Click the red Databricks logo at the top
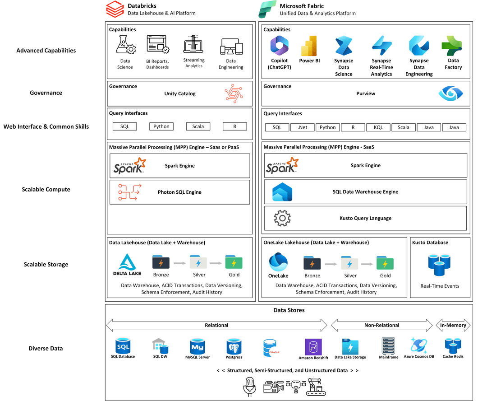click(115, 9)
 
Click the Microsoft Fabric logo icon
click(267, 9)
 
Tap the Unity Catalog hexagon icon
click(234, 93)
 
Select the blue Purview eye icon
click(450, 93)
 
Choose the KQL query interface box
click(378, 127)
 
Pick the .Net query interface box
click(302, 127)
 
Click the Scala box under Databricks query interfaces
click(198, 126)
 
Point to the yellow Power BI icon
click(309, 45)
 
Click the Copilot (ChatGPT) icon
click(279, 46)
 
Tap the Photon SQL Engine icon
click(129, 192)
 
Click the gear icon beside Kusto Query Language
click(282, 218)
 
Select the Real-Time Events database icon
click(439, 265)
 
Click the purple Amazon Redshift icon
click(313, 347)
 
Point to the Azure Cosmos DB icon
click(418, 345)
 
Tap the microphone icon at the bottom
click(249, 386)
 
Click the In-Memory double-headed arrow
click(453, 325)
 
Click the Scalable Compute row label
click(46, 189)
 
